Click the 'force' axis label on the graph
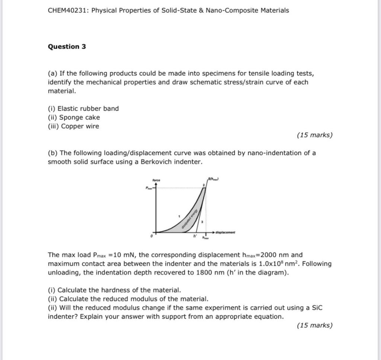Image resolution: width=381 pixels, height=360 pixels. coord(156,180)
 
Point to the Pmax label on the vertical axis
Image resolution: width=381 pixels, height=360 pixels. coord(149,188)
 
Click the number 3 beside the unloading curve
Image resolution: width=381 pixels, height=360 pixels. coord(202,222)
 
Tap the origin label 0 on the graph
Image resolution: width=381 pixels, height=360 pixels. coord(151,236)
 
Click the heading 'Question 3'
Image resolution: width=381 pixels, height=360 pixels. coord(67,46)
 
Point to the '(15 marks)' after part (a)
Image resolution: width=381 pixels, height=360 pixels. coord(314,135)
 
